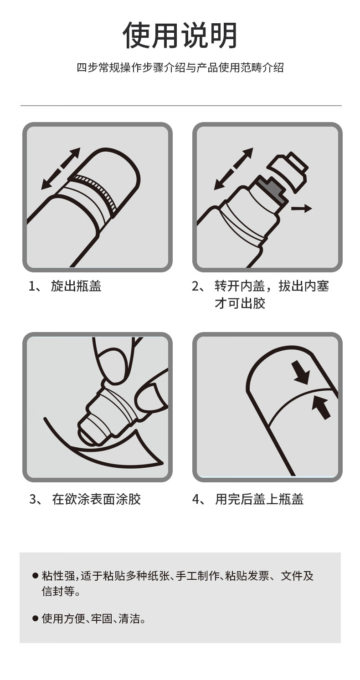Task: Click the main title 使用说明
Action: tap(180, 36)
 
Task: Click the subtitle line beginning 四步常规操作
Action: tap(180, 67)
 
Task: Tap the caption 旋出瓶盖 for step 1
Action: tap(76, 286)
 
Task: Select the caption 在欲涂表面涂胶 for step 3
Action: tap(96, 499)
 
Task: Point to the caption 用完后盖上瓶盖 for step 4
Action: tap(259, 499)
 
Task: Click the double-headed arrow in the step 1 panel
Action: tap(61, 169)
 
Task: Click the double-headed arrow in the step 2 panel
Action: tap(233, 169)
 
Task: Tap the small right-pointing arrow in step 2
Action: tap(301, 208)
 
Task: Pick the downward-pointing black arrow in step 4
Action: tap(302, 372)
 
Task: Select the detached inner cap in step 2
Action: tap(288, 172)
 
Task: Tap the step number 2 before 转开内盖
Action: tap(195, 286)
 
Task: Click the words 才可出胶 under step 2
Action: tap(240, 303)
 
